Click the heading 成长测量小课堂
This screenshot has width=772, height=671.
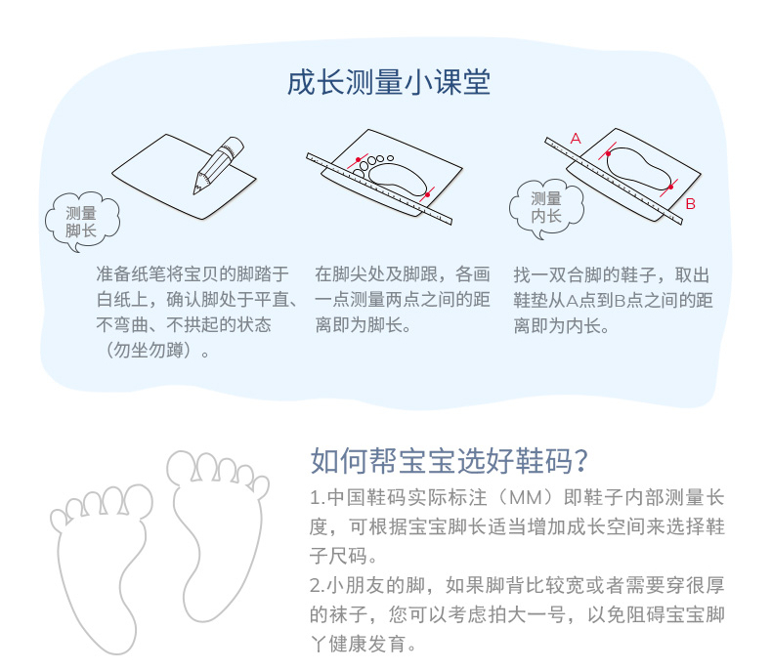(389, 82)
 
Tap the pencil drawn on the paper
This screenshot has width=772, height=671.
(218, 165)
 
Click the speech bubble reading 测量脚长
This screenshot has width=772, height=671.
(82, 222)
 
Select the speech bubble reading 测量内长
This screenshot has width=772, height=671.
(546, 209)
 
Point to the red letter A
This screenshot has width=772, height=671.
(576, 139)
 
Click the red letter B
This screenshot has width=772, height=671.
(690, 204)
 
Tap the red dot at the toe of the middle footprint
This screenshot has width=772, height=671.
(358, 160)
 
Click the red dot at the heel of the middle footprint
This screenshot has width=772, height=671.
(427, 194)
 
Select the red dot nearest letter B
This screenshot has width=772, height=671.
(670, 187)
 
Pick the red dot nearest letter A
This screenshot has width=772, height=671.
(609, 154)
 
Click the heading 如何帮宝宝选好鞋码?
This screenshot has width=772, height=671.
(450, 461)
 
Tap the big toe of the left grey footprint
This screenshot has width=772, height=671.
(139, 500)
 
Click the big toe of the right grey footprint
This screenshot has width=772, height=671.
(180, 466)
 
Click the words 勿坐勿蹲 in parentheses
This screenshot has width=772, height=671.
(149, 351)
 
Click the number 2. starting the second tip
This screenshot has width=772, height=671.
(317, 586)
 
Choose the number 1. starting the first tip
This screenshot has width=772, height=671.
(317, 498)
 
